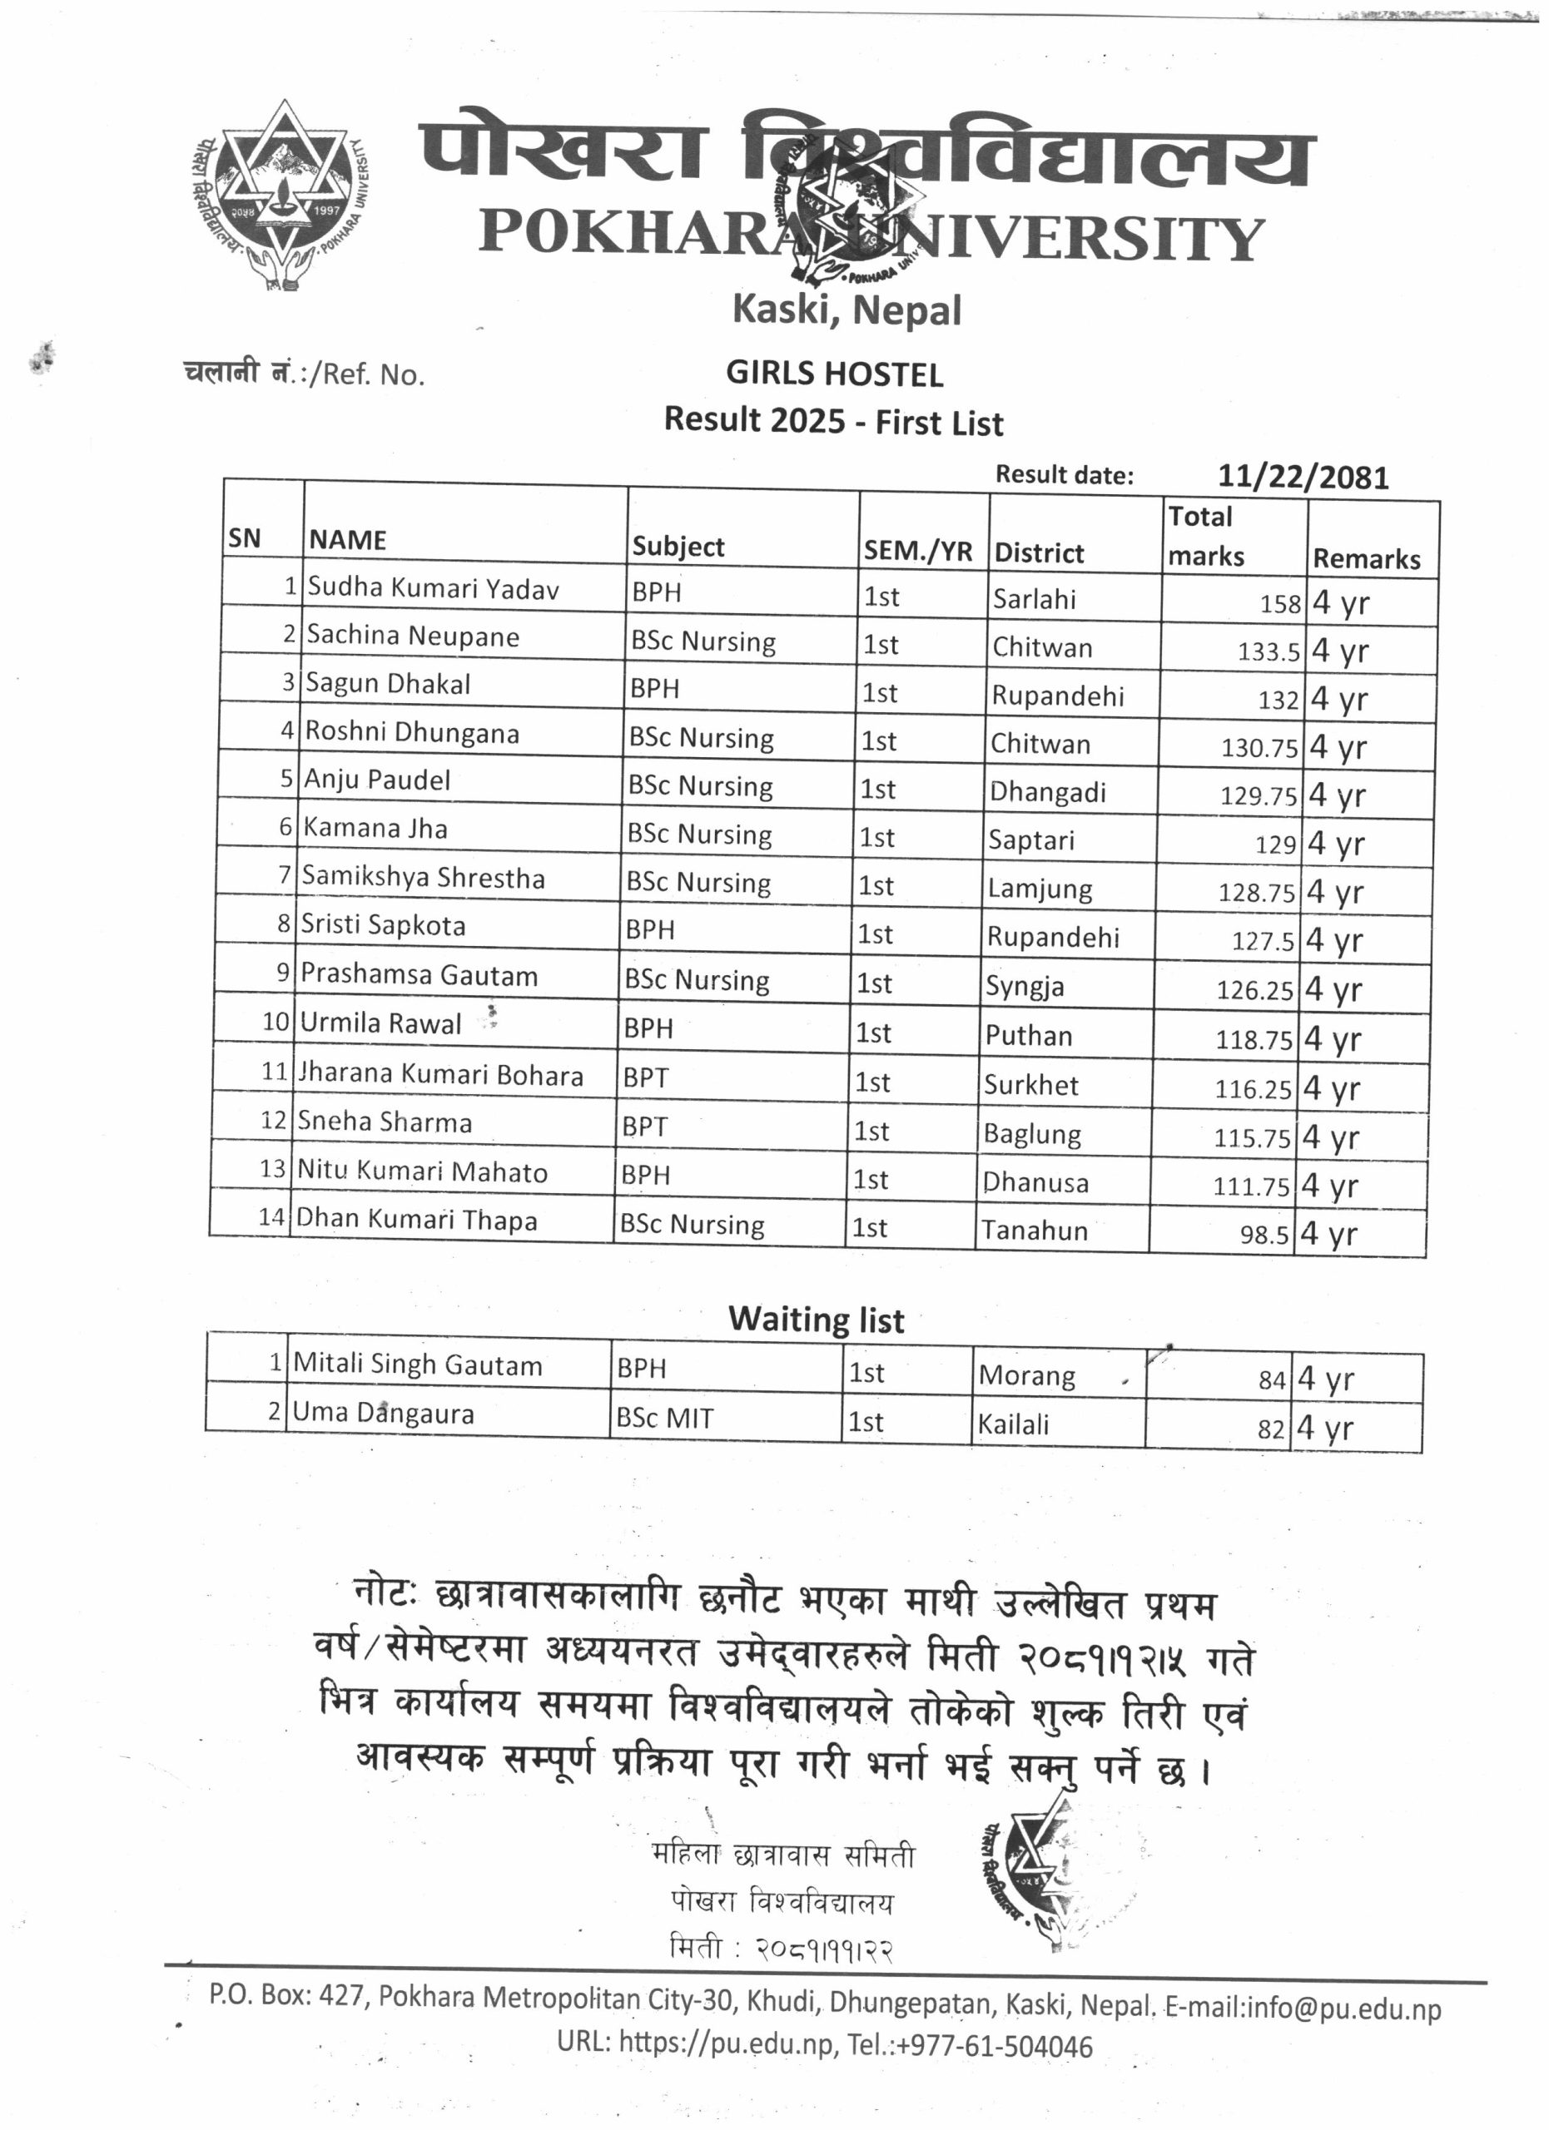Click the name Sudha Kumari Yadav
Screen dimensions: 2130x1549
433,589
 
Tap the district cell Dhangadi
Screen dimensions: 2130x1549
1047,792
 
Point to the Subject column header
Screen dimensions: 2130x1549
678,547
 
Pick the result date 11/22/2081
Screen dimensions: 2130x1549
1302,477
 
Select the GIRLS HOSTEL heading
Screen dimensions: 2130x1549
834,374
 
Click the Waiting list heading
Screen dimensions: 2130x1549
816,1320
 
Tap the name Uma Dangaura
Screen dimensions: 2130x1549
383,1413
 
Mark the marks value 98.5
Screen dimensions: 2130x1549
1264,1234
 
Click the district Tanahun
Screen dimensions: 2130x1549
1035,1231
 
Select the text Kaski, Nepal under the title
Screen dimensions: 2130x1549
846,310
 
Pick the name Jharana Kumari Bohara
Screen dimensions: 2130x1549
440,1074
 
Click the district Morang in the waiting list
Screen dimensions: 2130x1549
1027,1376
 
